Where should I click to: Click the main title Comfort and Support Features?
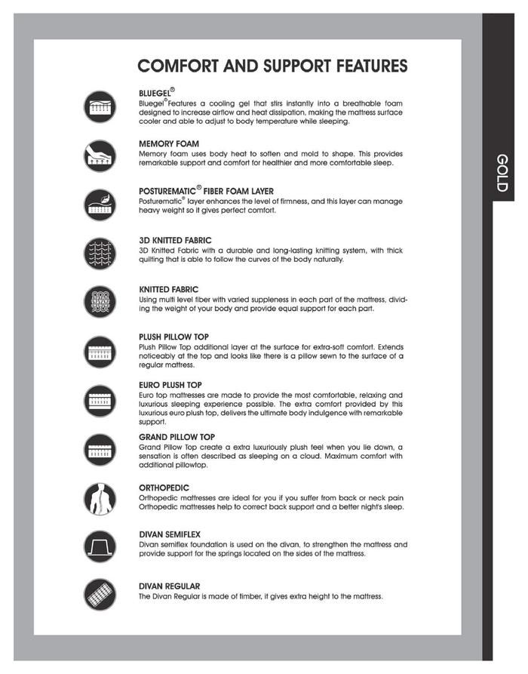pyautogui.click(x=273, y=66)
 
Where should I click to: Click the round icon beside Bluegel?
pyautogui.click(x=100, y=107)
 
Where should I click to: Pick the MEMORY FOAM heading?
pyautogui.click(x=169, y=143)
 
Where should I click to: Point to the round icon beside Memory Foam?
pyautogui.click(x=100, y=156)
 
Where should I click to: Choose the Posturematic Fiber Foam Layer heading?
pyautogui.click(x=206, y=191)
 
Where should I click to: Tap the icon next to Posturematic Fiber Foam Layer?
pyautogui.click(x=100, y=205)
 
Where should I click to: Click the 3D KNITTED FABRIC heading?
pyautogui.click(x=176, y=241)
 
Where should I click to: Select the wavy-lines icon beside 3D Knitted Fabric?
pyautogui.click(x=100, y=254)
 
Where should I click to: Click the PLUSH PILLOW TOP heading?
pyautogui.click(x=174, y=337)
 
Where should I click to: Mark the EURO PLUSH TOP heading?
pyautogui.click(x=170, y=385)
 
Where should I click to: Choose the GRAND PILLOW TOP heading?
pyautogui.click(x=177, y=437)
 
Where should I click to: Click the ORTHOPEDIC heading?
pyautogui.click(x=164, y=488)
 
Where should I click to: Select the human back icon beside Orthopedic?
pyautogui.click(x=100, y=499)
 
